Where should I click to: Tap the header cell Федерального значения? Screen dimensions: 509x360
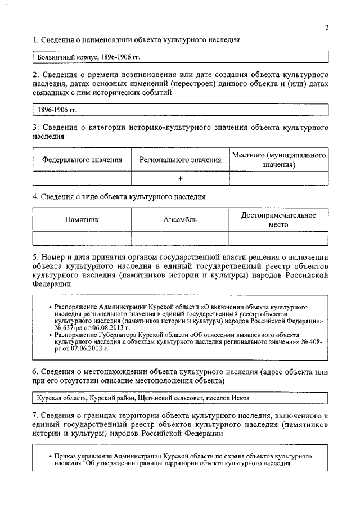82,160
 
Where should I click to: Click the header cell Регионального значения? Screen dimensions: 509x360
180,160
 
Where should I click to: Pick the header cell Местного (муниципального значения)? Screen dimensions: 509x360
278,159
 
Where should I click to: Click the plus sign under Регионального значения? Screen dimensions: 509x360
180,178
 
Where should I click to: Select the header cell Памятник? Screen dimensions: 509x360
82,220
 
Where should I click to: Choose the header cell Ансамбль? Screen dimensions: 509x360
180,220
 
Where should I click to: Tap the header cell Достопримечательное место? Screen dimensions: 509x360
278,220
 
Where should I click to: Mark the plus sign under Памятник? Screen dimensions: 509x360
82,238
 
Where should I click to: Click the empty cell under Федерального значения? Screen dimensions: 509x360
82,178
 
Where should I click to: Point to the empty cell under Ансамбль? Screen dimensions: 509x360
180,238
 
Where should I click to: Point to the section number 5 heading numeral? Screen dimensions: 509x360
35,258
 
